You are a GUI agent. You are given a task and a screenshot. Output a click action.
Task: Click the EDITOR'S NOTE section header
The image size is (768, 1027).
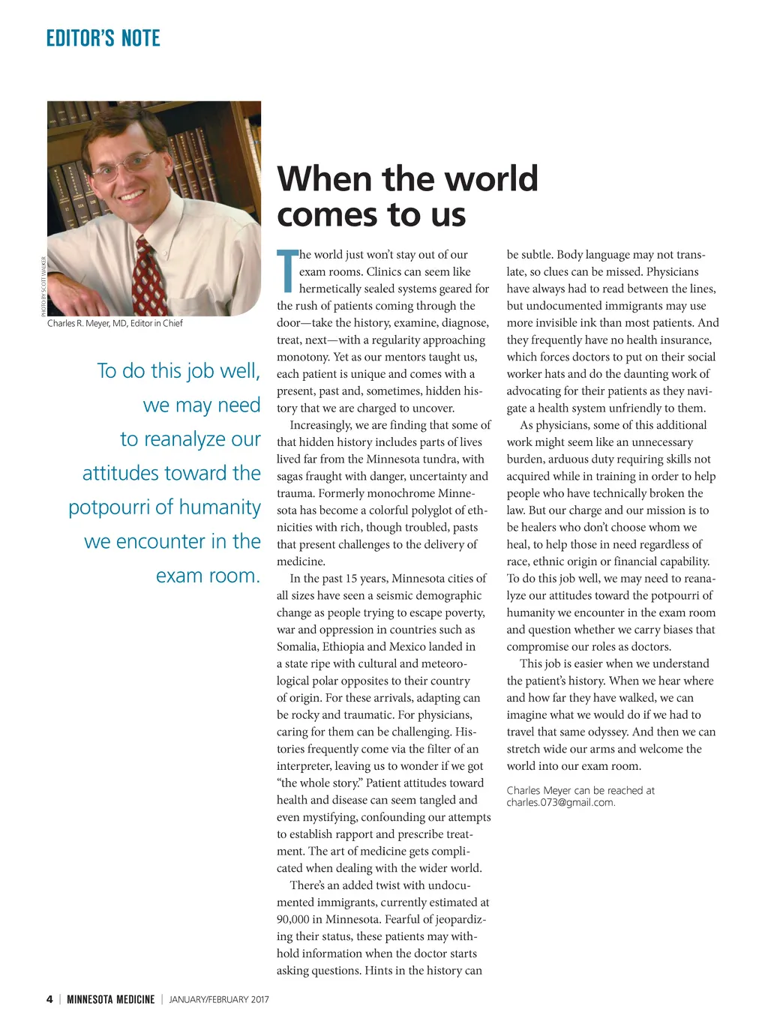(x=103, y=38)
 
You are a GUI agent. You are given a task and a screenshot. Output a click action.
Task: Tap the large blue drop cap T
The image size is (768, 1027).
(x=286, y=271)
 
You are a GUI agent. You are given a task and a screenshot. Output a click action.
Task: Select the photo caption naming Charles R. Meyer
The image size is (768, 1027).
(x=115, y=323)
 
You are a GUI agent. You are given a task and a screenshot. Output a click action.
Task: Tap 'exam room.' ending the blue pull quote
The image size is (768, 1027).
(x=208, y=576)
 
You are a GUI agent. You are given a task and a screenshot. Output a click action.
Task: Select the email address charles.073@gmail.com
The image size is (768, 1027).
(x=559, y=802)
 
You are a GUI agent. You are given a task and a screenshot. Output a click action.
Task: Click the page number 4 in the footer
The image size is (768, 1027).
(x=49, y=999)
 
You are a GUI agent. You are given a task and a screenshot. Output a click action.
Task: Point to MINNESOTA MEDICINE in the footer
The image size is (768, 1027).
(x=110, y=999)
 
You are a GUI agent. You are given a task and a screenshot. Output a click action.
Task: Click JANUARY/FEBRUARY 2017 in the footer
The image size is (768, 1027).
(x=219, y=999)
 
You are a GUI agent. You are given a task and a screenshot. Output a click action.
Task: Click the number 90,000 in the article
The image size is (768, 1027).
(x=298, y=919)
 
